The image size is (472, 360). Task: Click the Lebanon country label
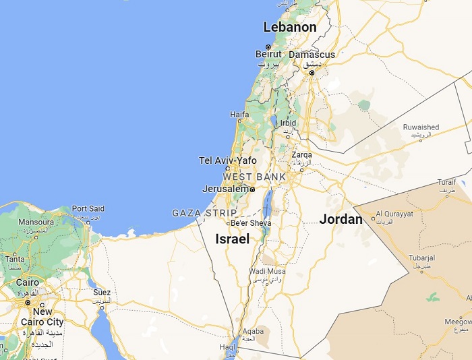[x=289, y=28]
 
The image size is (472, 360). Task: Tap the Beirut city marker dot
[x=268, y=47]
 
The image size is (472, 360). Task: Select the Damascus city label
[x=312, y=55]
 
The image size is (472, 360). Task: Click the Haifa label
[x=239, y=115]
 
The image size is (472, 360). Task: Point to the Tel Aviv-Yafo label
[x=228, y=160]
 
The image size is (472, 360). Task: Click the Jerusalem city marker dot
[x=252, y=189]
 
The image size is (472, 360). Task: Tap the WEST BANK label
[x=254, y=177]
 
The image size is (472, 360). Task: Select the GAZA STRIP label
[x=204, y=213]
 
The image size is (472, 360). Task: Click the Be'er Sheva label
[x=251, y=223]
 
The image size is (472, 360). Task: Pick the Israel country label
[x=232, y=239]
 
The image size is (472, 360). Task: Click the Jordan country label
[x=341, y=219]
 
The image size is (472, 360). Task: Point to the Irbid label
[x=288, y=123]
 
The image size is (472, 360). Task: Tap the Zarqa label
[x=301, y=155]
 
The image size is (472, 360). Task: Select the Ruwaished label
[x=421, y=127]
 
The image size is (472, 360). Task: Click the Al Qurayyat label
[x=394, y=213]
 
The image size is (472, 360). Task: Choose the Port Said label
[x=88, y=209]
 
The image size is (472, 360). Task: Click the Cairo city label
[x=27, y=282]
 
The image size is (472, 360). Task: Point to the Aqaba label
[x=253, y=331]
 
